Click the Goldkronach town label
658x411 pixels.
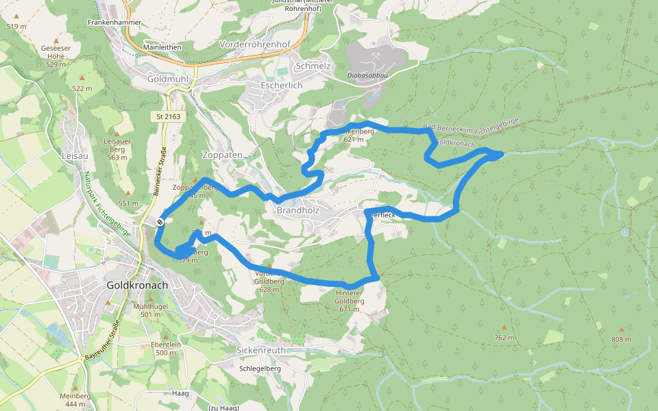tap(138, 284)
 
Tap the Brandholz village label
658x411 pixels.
tap(299, 210)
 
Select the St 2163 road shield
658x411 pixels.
tap(168, 116)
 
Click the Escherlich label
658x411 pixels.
tap(282, 86)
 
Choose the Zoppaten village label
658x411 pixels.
tap(223, 155)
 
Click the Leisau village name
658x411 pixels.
tap(75, 155)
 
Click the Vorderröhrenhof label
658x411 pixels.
tap(255, 44)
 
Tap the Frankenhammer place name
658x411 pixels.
tap(114, 23)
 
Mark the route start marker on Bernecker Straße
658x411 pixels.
tap(160, 221)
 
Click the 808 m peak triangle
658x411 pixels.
tap(622, 329)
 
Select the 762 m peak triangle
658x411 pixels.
tap(504, 327)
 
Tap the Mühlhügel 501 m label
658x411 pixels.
tap(150, 309)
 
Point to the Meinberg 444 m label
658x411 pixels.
tap(75, 399)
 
